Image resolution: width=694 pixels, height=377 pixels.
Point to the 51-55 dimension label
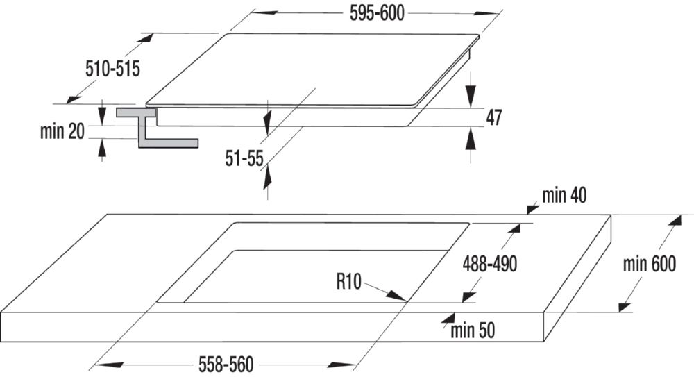point(244,159)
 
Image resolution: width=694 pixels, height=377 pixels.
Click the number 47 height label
point(493,117)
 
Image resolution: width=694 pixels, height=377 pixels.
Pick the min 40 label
point(565,196)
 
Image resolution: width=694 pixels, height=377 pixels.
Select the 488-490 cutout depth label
point(490,264)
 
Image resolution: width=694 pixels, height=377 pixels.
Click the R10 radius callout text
point(349,281)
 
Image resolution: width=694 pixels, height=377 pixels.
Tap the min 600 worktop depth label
point(650,264)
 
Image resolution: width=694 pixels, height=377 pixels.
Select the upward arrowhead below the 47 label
point(471,139)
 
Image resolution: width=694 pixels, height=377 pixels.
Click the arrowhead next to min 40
point(532,207)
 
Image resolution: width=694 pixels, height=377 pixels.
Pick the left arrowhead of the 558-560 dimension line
point(96,364)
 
